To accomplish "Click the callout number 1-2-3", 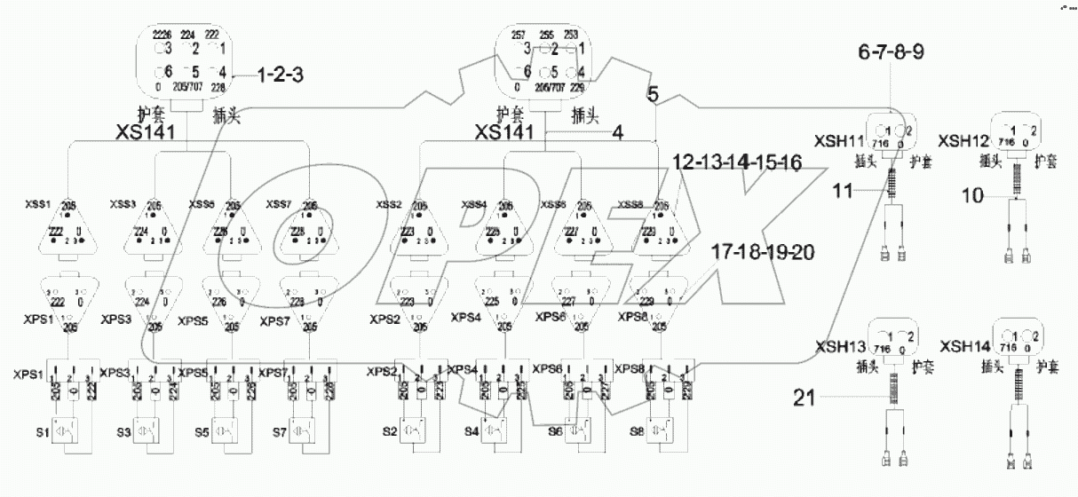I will (280, 75).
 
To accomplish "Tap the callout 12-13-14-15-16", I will (737, 164).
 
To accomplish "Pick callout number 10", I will (972, 196).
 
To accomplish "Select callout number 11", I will (844, 188).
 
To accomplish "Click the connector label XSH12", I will (963, 140).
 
